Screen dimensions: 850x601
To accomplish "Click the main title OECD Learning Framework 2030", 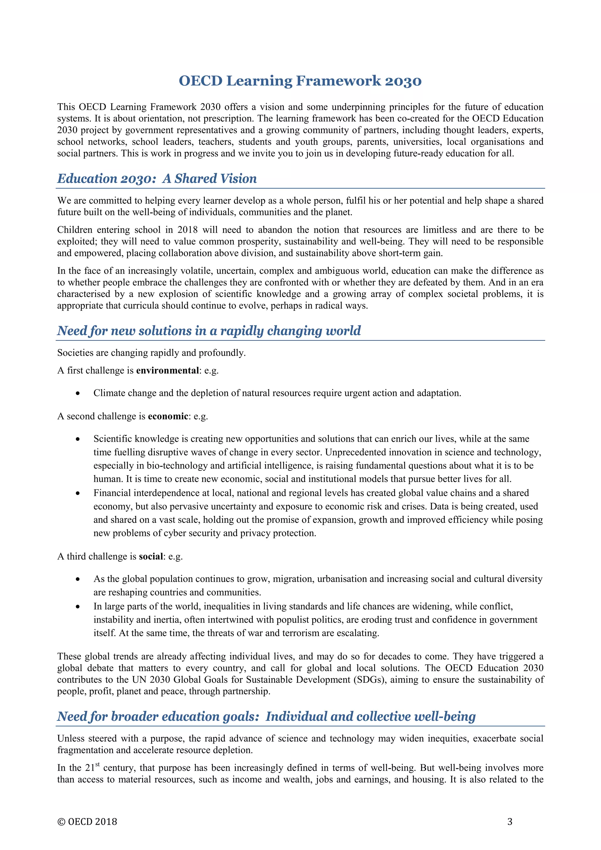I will (300, 81).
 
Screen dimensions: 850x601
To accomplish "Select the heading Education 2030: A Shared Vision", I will (157, 178).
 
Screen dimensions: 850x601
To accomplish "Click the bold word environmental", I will (168, 371).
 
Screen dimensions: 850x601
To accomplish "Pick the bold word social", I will (151, 556).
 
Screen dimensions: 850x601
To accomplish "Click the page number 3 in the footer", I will (510, 822).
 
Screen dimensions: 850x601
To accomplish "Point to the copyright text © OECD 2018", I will (87, 822).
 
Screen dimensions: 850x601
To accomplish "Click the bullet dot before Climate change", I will (78, 394).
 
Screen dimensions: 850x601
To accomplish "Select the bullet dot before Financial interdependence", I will (78, 493).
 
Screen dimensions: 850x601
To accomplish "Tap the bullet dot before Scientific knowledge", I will (78, 439).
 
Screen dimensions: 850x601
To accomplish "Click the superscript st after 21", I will (98, 765).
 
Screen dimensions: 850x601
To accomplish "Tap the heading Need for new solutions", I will (209, 330).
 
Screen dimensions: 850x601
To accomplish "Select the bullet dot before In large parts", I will (78, 607).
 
